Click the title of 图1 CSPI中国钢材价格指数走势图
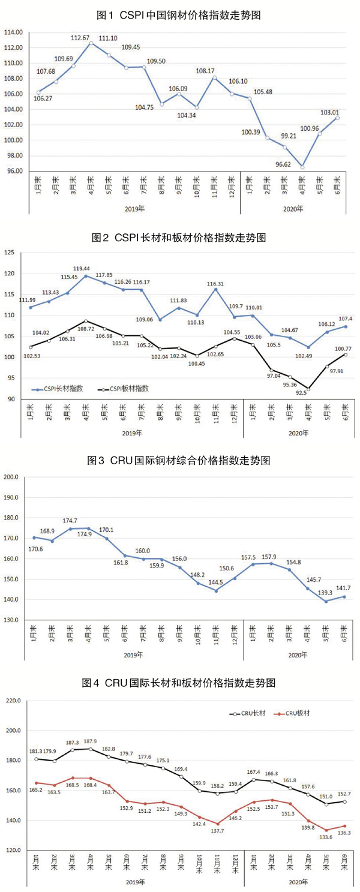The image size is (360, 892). click(179, 13)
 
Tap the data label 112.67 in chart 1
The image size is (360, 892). click(80, 38)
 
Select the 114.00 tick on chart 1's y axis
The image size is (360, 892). click(13, 32)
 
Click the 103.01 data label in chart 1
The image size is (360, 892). click(329, 112)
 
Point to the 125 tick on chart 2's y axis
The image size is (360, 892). click(10, 253)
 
